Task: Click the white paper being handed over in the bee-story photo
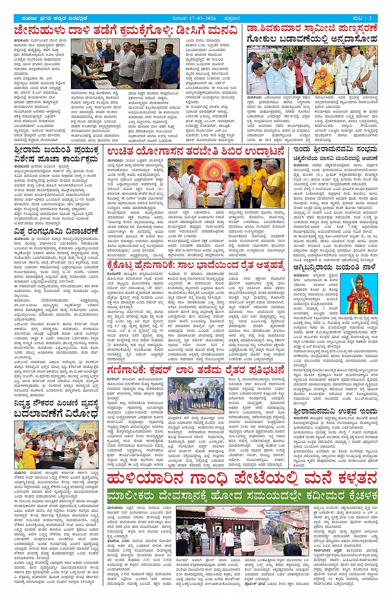point(106,67)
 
